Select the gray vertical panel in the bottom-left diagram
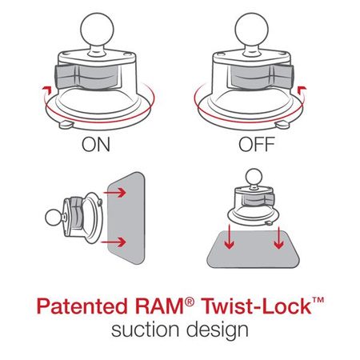128,218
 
